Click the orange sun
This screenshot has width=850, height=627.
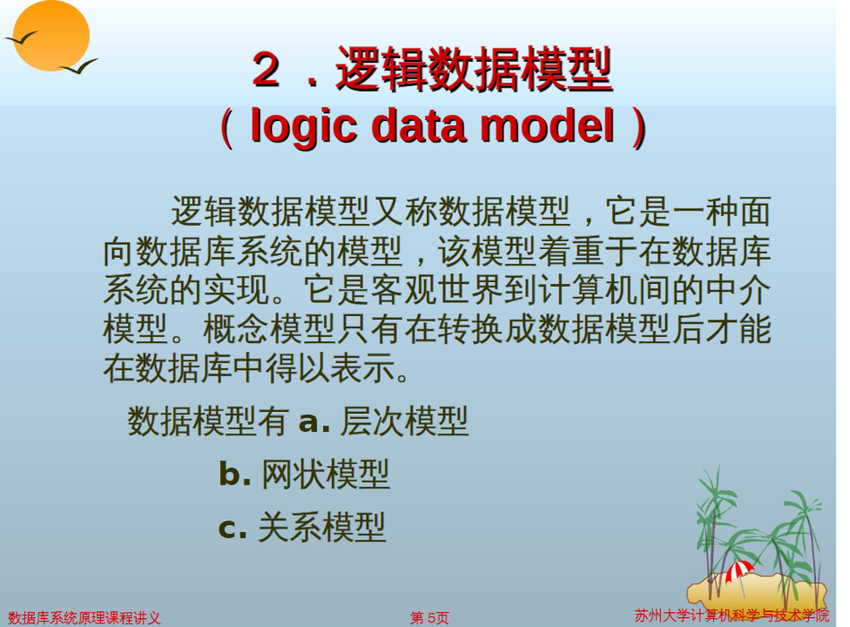click(x=51, y=35)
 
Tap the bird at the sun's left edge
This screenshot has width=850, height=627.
click(x=21, y=38)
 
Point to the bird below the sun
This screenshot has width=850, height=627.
click(x=79, y=66)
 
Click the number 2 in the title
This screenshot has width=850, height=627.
click(x=266, y=70)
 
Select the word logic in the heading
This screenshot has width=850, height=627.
click(x=304, y=126)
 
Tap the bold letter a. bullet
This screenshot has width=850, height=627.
click(x=314, y=421)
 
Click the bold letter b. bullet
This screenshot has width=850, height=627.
click(x=234, y=473)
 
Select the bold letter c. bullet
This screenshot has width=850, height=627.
click(x=233, y=528)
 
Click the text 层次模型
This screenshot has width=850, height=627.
click(x=404, y=421)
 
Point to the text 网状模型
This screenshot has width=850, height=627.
click(x=326, y=474)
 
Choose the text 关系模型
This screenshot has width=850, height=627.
click(x=321, y=527)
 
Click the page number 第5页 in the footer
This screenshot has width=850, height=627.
click(x=429, y=618)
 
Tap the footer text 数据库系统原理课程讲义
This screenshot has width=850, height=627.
click(x=84, y=618)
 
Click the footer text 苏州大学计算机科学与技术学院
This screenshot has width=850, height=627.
click(x=732, y=615)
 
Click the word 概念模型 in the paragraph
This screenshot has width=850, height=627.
click(x=269, y=329)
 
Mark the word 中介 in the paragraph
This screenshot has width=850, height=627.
click(x=738, y=290)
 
